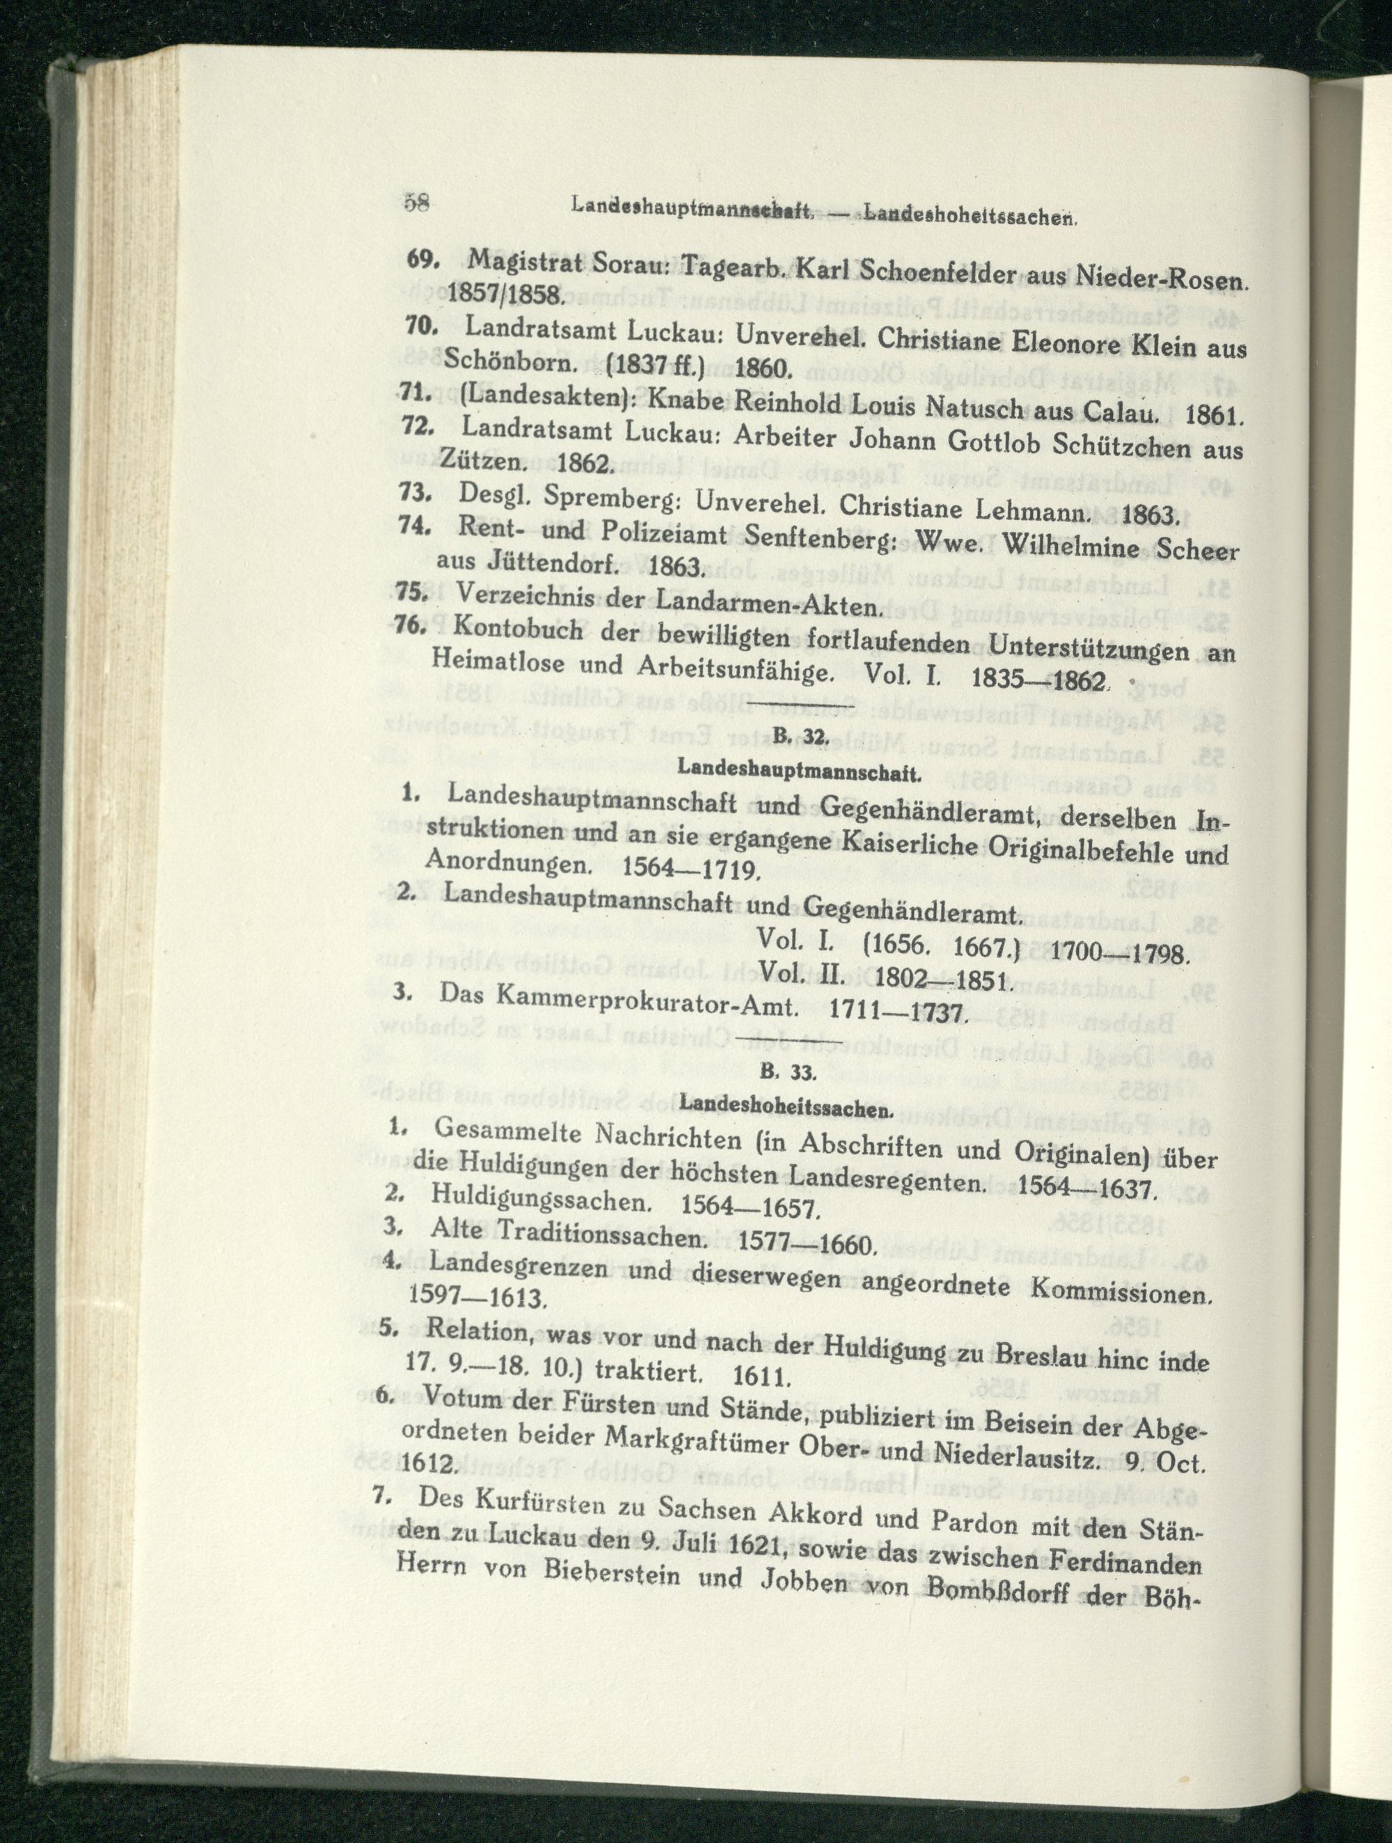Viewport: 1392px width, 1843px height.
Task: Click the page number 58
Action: [x=416, y=204]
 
